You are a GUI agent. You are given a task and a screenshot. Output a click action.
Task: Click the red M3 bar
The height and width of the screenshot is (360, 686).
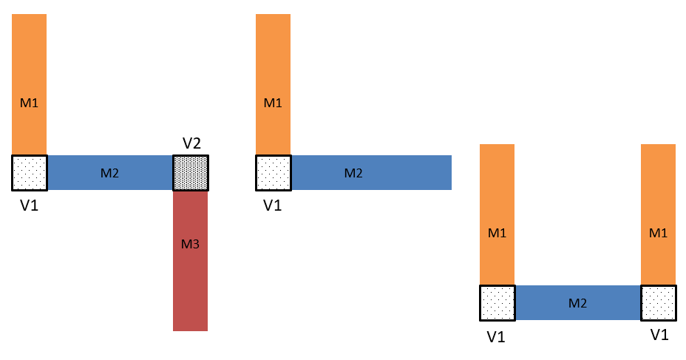(x=190, y=261)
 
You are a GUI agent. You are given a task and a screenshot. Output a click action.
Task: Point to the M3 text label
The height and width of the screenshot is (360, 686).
(x=190, y=244)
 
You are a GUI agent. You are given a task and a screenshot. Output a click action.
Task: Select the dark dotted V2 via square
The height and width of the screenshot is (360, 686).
(x=191, y=173)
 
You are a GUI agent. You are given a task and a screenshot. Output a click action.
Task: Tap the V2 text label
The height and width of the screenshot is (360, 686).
(x=191, y=143)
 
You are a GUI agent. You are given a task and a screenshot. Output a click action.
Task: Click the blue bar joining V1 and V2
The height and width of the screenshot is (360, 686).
(x=110, y=173)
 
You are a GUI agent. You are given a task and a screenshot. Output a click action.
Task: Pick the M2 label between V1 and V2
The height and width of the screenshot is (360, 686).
(x=109, y=173)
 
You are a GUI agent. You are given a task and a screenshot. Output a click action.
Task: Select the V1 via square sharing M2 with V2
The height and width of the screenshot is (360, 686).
(x=30, y=173)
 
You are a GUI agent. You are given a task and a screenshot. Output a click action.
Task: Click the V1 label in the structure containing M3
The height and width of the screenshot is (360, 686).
(x=30, y=206)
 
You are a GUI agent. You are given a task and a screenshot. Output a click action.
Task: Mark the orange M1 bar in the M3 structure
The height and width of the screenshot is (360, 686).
(x=30, y=84)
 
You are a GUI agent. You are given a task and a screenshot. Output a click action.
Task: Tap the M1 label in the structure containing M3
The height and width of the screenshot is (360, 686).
(x=30, y=103)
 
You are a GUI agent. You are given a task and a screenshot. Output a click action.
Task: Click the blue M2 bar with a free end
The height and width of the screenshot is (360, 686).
(x=371, y=173)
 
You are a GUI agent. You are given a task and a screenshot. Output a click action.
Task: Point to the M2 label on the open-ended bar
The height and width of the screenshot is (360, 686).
(x=353, y=173)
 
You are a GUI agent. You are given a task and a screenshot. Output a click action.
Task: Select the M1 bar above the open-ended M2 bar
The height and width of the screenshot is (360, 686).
(x=273, y=84)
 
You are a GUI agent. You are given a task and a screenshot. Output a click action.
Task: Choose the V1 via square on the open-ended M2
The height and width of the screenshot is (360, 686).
(x=274, y=173)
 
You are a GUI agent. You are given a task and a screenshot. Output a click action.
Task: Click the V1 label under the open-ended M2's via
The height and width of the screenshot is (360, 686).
(x=273, y=206)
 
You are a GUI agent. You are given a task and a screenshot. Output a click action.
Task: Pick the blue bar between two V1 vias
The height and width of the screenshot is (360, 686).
(x=578, y=302)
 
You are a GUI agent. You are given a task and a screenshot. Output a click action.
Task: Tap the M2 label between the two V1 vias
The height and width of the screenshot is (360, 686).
(x=577, y=303)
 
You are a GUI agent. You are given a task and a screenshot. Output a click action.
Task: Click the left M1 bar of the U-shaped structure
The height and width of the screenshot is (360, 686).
(x=497, y=215)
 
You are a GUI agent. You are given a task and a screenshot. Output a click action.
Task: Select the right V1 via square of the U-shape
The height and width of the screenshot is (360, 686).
(x=659, y=303)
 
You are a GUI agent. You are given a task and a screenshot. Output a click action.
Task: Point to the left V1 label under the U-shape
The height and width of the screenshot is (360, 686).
(x=496, y=337)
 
